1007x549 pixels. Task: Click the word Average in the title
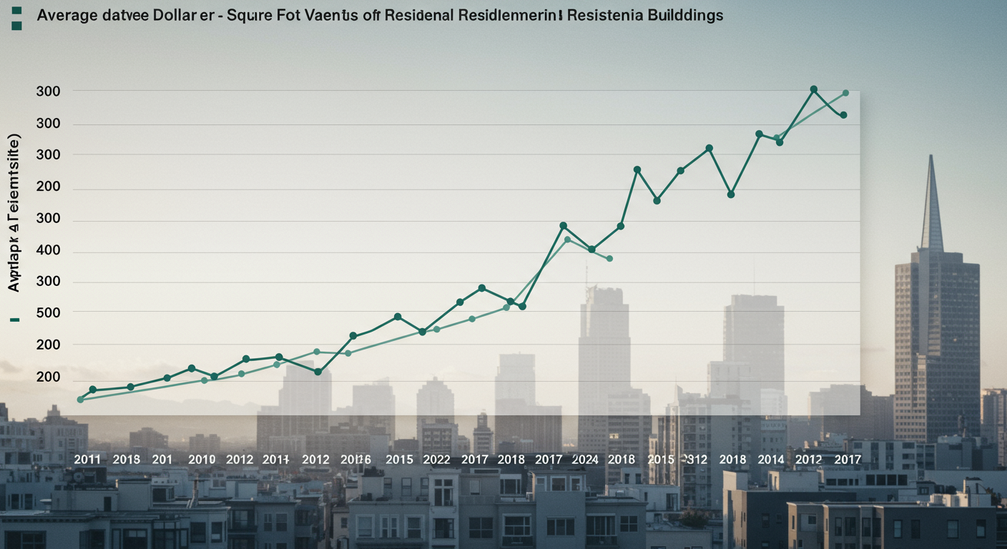point(67,15)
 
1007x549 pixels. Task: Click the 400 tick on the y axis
point(49,251)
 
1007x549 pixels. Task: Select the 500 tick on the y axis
point(49,312)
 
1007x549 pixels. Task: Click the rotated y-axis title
point(14,212)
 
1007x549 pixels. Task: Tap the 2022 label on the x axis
point(437,459)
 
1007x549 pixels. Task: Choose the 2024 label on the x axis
point(585,459)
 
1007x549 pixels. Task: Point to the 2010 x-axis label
point(201,459)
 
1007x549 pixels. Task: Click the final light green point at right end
point(845,93)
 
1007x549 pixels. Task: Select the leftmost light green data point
point(80,400)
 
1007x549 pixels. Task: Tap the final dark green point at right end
point(844,115)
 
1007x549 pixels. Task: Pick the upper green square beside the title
point(16,11)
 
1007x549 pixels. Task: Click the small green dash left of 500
point(15,320)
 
